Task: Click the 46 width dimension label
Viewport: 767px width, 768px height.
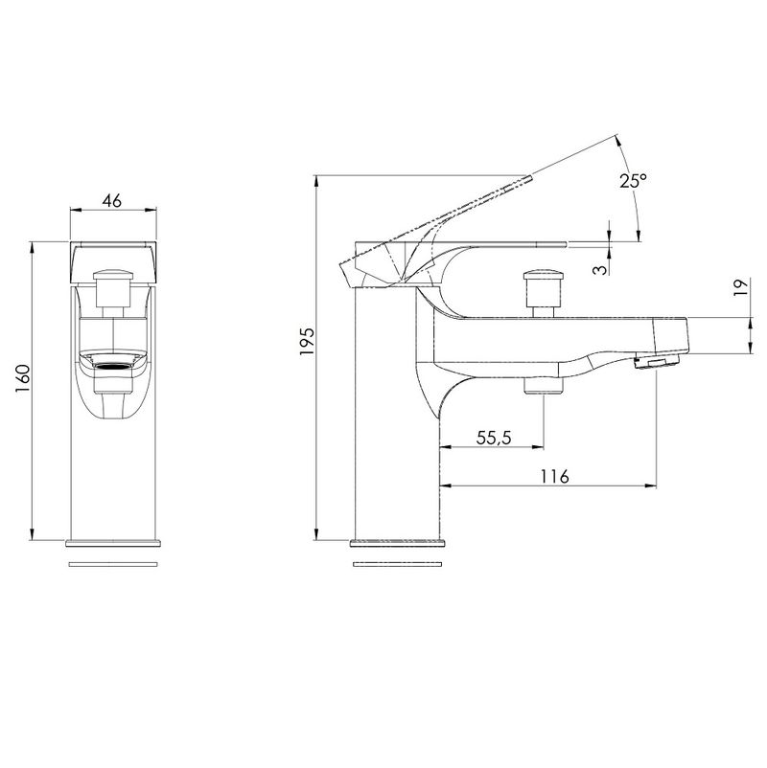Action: point(112,200)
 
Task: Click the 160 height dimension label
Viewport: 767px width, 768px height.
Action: point(23,378)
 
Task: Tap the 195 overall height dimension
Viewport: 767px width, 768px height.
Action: point(308,341)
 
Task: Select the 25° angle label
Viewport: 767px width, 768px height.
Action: point(633,181)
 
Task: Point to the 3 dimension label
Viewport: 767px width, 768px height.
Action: point(599,268)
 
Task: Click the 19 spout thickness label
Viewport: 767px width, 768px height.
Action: point(741,286)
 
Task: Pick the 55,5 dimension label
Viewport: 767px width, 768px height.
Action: point(494,438)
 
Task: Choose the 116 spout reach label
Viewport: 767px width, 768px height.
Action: point(555,476)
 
